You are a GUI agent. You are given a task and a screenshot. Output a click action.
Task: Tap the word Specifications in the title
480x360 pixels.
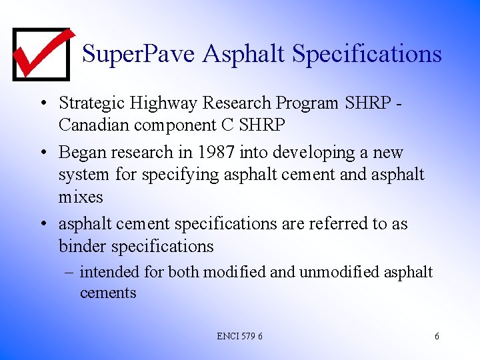click(367, 53)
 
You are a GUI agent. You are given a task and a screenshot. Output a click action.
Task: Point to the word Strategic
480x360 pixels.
click(89, 103)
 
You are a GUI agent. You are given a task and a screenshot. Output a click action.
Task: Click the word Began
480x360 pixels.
click(83, 153)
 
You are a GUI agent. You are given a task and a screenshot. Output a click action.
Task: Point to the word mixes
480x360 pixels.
click(81, 197)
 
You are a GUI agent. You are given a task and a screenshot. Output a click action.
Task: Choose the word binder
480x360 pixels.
click(83, 246)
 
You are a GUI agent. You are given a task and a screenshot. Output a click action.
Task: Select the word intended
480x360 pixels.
click(109, 272)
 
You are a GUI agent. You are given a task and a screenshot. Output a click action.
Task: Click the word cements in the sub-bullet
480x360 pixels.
click(108, 293)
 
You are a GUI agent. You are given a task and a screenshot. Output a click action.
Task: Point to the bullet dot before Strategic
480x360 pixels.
click(42, 104)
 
